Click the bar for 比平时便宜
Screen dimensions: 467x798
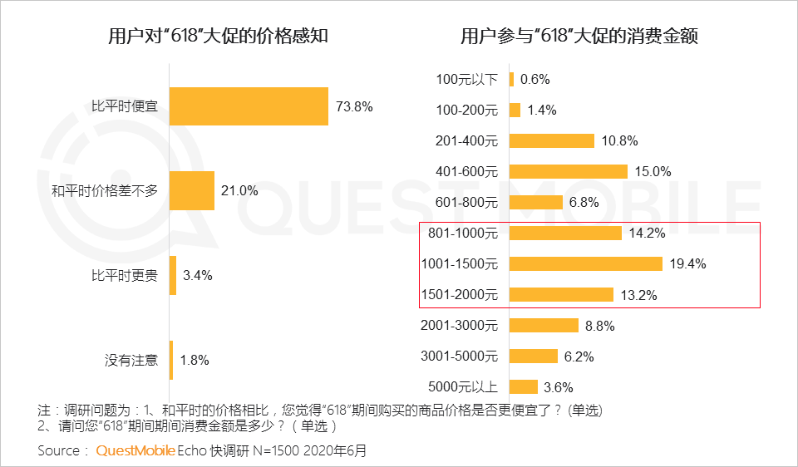click(x=249, y=106)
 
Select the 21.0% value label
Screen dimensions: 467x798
click(x=239, y=191)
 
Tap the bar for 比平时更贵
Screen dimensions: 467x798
click(x=173, y=275)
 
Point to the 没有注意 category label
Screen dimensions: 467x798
click(x=131, y=360)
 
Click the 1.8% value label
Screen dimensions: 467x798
click(x=194, y=360)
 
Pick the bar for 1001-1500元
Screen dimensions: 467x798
click(x=585, y=263)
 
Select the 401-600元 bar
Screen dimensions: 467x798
click(x=568, y=171)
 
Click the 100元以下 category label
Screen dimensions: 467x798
click(x=466, y=79)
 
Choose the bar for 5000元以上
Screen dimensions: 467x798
click(x=524, y=386)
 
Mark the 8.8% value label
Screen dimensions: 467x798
click(x=599, y=326)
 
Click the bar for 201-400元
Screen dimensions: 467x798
click(x=552, y=140)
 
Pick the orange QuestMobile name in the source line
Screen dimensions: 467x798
click(x=135, y=451)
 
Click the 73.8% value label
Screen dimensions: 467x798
click(x=354, y=106)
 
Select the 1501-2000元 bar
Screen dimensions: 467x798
click(x=561, y=294)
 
